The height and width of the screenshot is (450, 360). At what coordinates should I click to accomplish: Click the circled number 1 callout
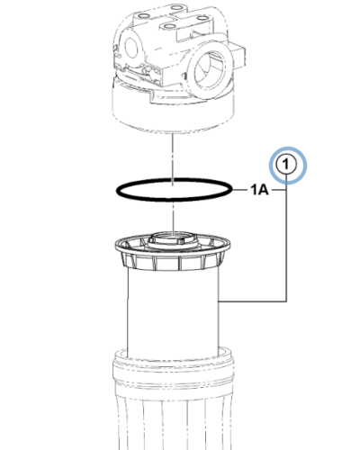click(286, 165)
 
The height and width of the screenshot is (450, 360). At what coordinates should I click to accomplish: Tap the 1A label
click(260, 190)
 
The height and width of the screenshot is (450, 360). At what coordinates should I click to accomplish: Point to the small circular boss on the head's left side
click(131, 48)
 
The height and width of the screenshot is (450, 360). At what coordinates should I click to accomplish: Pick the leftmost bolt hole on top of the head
click(144, 15)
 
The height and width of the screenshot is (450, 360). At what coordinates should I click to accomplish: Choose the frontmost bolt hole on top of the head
click(170, 27)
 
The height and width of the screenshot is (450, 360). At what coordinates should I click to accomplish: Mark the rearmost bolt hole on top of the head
click(177, 7)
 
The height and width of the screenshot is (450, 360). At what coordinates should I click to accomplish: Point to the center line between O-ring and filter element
click(173, 218)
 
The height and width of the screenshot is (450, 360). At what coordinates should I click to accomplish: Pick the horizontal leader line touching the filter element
click(253, 301)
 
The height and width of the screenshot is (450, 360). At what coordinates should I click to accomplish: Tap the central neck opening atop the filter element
click(174, 237)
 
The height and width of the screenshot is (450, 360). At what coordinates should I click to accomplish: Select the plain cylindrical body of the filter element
click(173, 312)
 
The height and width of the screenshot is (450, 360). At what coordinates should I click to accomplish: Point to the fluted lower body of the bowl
click(174, 420)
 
